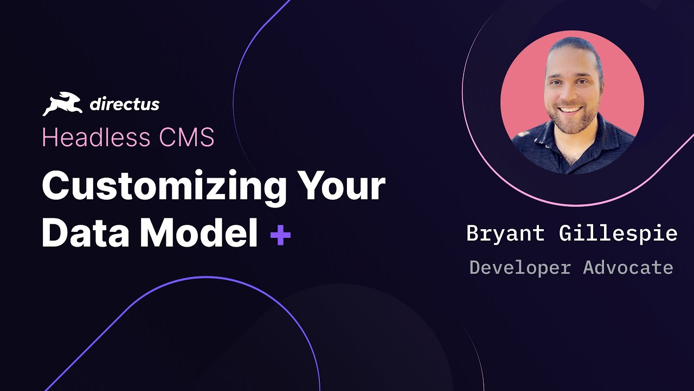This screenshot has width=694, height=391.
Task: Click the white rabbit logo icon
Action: [x=62, y=104]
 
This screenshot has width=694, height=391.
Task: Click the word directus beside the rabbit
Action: [x=124, y=104]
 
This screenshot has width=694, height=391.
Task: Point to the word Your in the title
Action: [x=340, y=186]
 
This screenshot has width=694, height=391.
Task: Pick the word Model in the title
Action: [x=199, y=234]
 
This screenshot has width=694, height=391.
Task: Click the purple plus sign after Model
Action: [x=280, y=236]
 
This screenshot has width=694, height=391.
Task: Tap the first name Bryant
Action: [x=505, y=234]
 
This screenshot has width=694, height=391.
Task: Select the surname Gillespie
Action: [x=618, y=234]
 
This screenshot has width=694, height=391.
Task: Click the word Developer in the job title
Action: [x=519, y=267]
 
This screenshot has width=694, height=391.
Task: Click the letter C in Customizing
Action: [x=57, y=186]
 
